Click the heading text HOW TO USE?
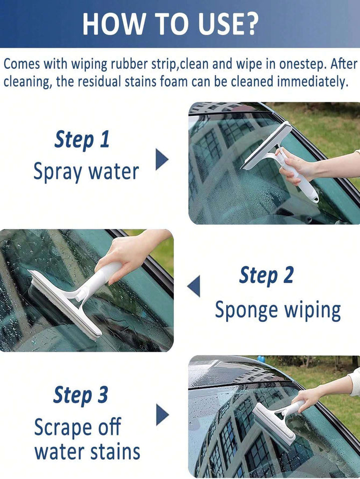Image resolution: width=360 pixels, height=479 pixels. point(171,23)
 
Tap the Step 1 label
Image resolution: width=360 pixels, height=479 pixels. point(81,140)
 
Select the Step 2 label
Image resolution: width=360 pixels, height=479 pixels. point(266,276)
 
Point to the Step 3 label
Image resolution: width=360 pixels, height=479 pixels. point(80,395)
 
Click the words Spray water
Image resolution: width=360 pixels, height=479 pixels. point(86,172)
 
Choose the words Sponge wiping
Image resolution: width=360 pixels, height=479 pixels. point(278,310)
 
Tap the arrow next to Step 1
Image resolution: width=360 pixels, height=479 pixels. point(162,160)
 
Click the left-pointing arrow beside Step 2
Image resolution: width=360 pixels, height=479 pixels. point(194,286)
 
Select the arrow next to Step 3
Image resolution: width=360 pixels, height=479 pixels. point(162,415)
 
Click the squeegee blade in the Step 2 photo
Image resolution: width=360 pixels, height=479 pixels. point(64,305)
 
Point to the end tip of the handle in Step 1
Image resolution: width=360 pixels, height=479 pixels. point(315,199)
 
